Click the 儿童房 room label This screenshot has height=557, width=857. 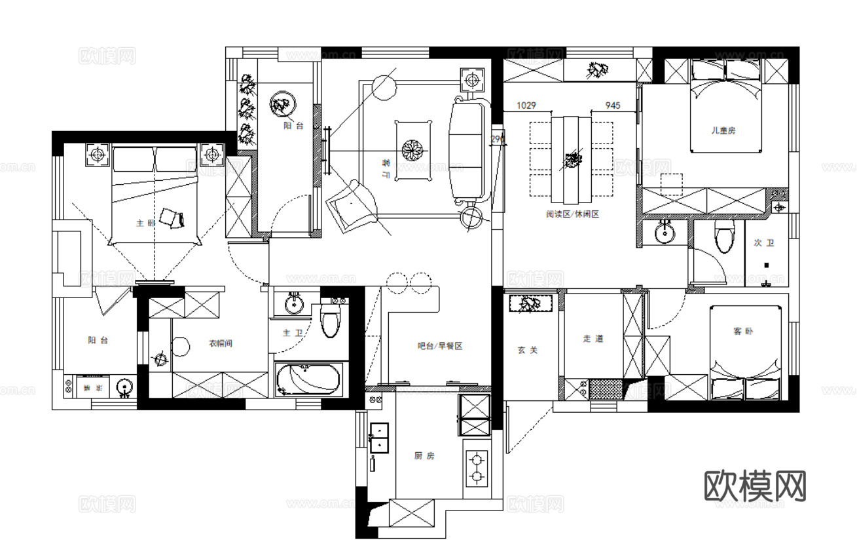point(723,130)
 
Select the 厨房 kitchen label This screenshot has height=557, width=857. point(424,455)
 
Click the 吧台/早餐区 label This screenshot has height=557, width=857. point(440,346)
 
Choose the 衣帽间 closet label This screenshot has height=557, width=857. point(221,343)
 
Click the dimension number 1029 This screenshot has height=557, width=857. point(526,105)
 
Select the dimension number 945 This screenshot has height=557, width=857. point(613,105)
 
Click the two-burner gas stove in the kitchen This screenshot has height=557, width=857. point(477,467)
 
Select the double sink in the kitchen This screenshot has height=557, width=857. point(379,438)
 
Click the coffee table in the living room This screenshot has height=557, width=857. point(414,149)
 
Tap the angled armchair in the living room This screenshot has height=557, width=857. point(354,204)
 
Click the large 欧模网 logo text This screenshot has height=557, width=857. point(755,486)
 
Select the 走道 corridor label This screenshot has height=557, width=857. point(593,339)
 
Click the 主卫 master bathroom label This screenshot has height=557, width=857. point(292,334)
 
